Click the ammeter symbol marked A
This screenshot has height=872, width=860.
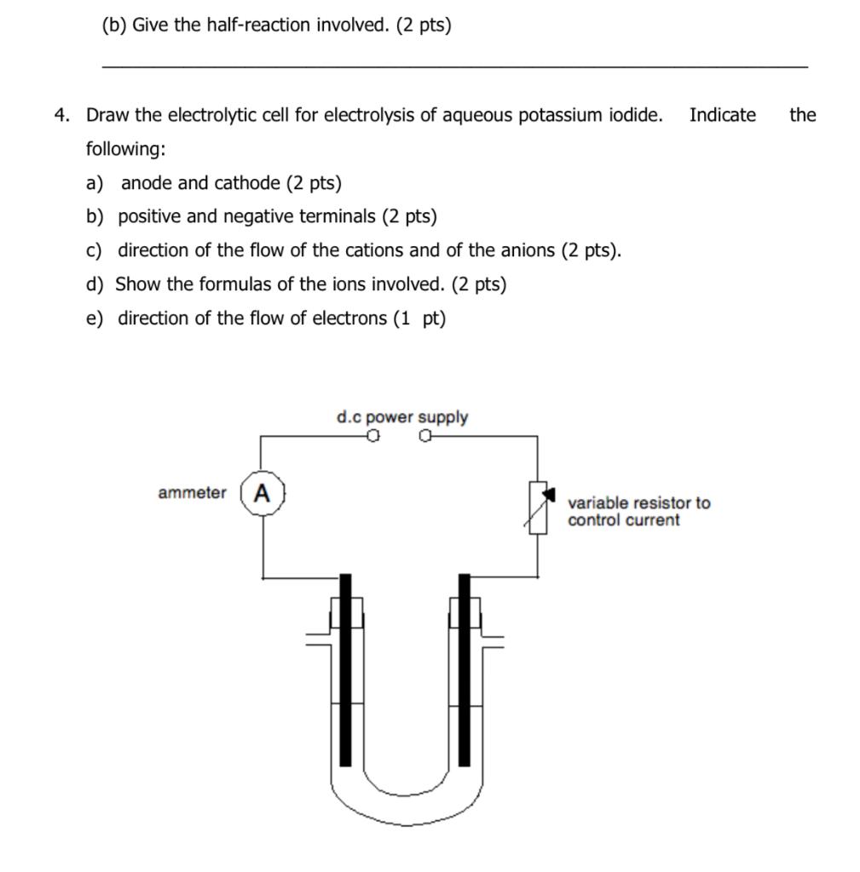262,493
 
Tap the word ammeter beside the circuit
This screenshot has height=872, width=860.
192,493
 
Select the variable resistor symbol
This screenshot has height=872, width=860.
538,508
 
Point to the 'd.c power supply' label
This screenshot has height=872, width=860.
401,417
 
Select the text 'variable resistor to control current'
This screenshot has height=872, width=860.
638,512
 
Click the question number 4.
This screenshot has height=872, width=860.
61,116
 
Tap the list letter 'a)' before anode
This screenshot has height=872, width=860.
94,183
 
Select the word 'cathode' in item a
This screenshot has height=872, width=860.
247,183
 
